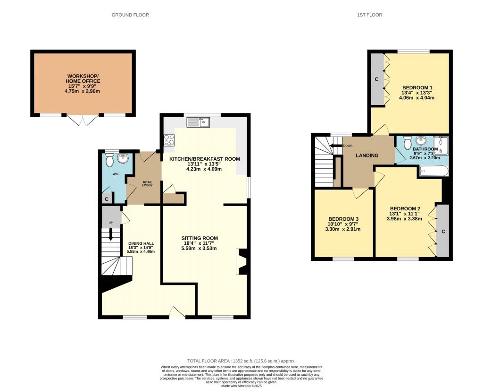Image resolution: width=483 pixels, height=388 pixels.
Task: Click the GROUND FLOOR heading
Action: point(130,15)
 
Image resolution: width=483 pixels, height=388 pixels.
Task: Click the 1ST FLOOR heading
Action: point(369,15)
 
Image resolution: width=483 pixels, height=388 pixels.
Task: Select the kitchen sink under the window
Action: point(199,122)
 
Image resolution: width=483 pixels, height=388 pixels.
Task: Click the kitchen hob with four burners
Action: point(169,140)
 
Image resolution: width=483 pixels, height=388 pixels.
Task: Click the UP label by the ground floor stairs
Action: point(111,223)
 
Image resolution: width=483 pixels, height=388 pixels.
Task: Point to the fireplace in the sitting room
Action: point(241,262)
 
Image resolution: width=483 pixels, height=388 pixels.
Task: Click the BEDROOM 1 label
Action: point(417,87)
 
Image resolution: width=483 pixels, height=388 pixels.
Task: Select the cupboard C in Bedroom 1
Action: point(376,79)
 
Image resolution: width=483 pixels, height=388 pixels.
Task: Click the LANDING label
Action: point(367,155)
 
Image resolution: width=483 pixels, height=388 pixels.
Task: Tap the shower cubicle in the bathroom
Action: point(440,142)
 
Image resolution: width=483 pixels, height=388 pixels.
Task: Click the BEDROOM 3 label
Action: point(344,219)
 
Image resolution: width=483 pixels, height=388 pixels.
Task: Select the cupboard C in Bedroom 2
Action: point(443,231)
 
